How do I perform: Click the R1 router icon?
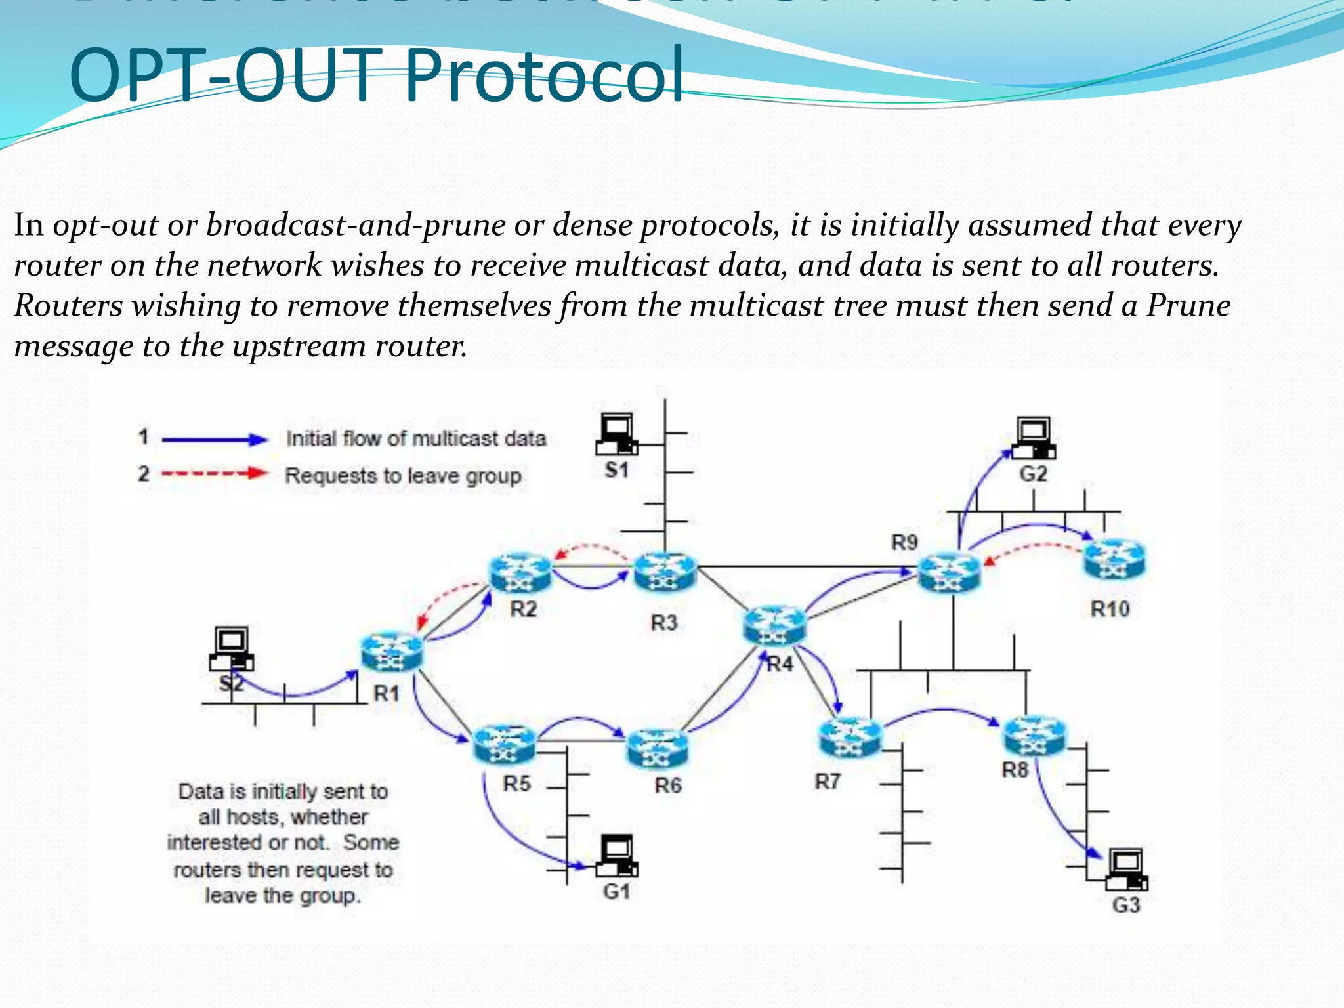392,652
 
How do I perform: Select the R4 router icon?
774,624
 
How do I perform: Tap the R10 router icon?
1114,559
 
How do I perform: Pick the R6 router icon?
658,749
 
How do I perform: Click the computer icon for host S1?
616,434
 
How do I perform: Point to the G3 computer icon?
1127,870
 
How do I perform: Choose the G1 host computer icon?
616,856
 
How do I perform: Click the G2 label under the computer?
1033,474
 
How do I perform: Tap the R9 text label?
904,542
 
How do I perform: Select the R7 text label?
827,782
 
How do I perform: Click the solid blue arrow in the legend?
215,440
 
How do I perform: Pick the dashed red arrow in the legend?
215,473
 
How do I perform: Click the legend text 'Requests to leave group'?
403,475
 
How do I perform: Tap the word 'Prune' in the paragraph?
1188,305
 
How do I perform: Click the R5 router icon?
504,744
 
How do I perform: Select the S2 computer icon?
232,648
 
